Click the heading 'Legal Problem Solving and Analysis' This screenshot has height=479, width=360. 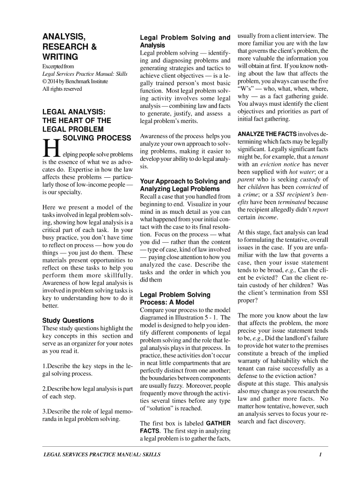point(185,41)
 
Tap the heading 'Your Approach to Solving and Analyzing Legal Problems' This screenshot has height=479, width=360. point(185,185)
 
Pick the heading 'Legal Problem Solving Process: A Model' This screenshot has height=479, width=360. point(175,298)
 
